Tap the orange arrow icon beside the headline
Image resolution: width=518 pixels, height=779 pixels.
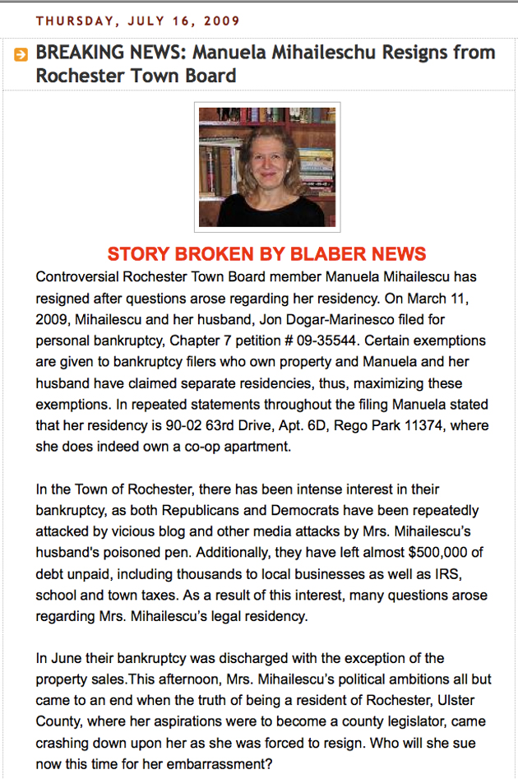[21, 55]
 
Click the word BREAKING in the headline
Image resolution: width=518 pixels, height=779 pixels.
[79, 53]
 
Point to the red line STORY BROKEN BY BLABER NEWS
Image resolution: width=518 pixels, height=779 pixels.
[266, 253]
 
